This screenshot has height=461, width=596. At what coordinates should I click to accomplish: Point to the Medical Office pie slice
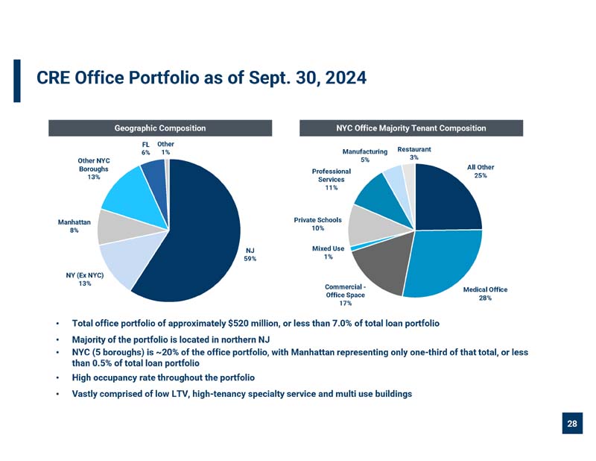pyautogui.click(x=445, y=263)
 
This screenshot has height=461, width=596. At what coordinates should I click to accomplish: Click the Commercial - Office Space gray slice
pyautogui.click(x=382, y=266)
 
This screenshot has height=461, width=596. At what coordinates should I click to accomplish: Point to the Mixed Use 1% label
pyautogui.click(x=328, y=252)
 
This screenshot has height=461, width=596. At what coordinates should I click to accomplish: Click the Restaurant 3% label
pyautogui.click(x=414, y=153)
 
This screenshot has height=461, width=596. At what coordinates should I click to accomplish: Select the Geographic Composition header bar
pyautogui.click(x=160, y=128)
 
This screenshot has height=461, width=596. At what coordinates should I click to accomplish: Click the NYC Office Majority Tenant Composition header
pyautogui.click(x=411, y=128)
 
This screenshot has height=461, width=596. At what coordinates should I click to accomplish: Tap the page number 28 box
pyautogui.click(x=572, y=423)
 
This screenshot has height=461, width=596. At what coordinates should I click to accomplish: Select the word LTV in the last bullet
pyautogui.click(x=178, y=394)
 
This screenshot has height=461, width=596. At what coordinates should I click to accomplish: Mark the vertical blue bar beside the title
pyautogui.click(x=17, y=81)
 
